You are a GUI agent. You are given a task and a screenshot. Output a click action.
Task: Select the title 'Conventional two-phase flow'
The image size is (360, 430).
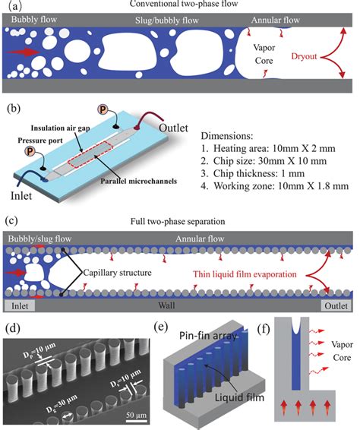click(x=179, y=6)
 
